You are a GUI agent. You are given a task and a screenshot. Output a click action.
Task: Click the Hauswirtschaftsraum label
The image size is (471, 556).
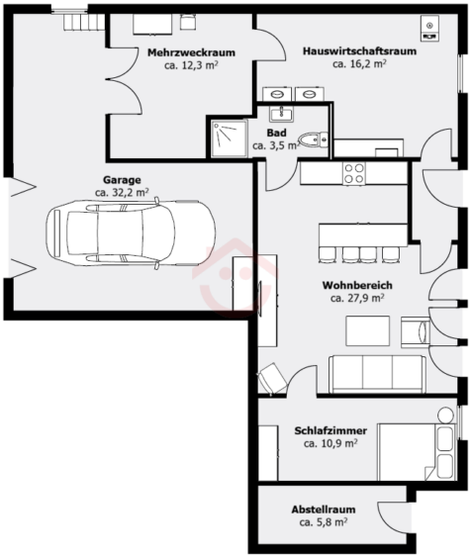(x=359, y=51)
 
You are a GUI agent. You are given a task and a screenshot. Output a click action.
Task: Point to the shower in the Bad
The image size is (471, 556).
(x=228, y=138)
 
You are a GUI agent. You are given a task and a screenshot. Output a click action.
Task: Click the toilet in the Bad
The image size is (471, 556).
(x=315, y=139)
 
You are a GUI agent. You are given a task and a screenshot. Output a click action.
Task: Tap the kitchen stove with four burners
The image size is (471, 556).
(x=353, y=172)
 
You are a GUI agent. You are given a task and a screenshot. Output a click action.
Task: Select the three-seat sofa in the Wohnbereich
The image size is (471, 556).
(x=377, y=372)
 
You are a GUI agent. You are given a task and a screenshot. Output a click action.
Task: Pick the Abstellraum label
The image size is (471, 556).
(x=324, y=510)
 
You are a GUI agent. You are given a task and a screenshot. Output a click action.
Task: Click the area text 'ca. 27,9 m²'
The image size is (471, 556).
(x=356, y=297)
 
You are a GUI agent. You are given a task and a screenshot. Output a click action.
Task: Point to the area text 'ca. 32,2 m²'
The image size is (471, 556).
(x=123, y=193)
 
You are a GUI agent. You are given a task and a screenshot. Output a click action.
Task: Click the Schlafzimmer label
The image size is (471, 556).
(x=330, y=431)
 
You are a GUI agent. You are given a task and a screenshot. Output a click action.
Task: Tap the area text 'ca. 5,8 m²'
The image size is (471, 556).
(x=325, y=521)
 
